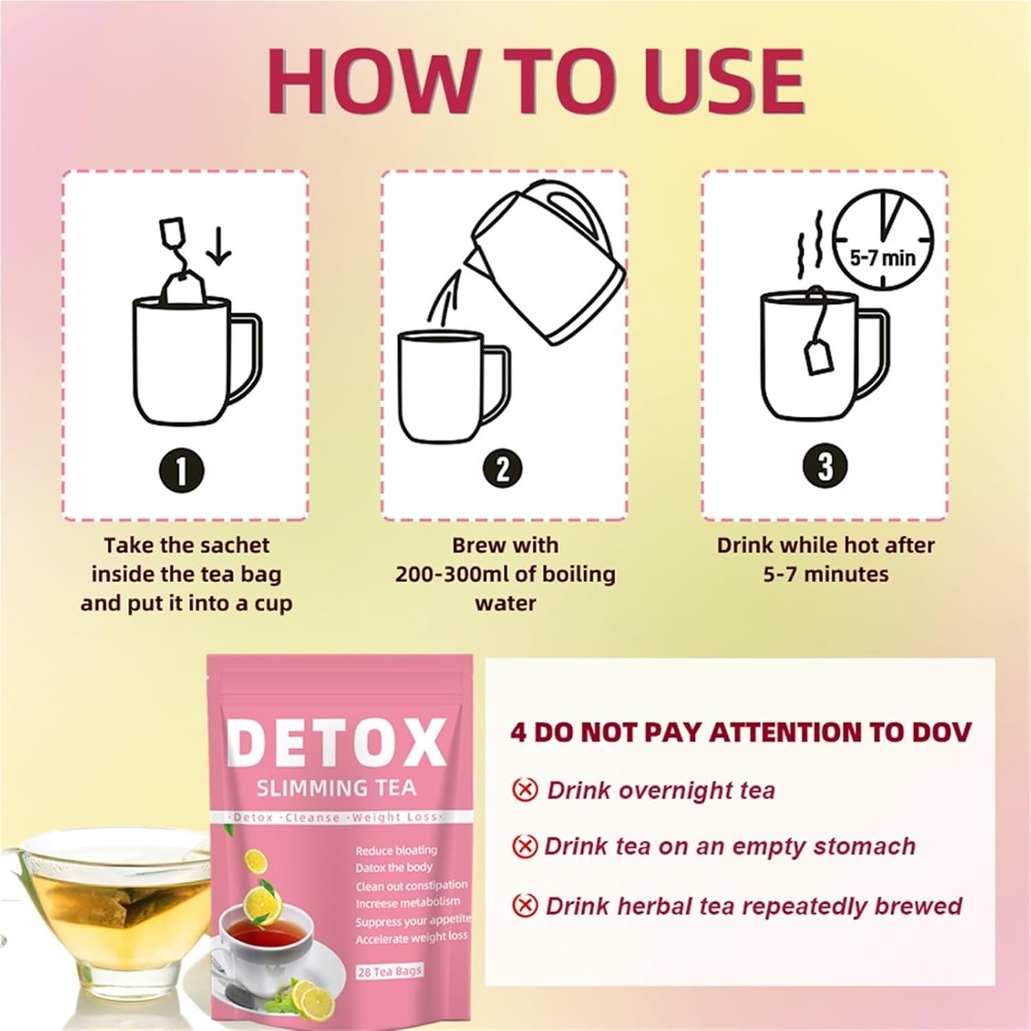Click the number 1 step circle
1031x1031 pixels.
click(181, 472)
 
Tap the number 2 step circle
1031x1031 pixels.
click(503, 469)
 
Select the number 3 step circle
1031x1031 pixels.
click(825, 465)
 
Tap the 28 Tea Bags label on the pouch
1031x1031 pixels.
click(390, 971)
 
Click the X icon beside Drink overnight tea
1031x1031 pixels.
click(524, 790)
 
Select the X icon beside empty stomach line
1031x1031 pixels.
click(524, 845)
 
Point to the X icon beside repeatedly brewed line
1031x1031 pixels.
click(524, 905)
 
